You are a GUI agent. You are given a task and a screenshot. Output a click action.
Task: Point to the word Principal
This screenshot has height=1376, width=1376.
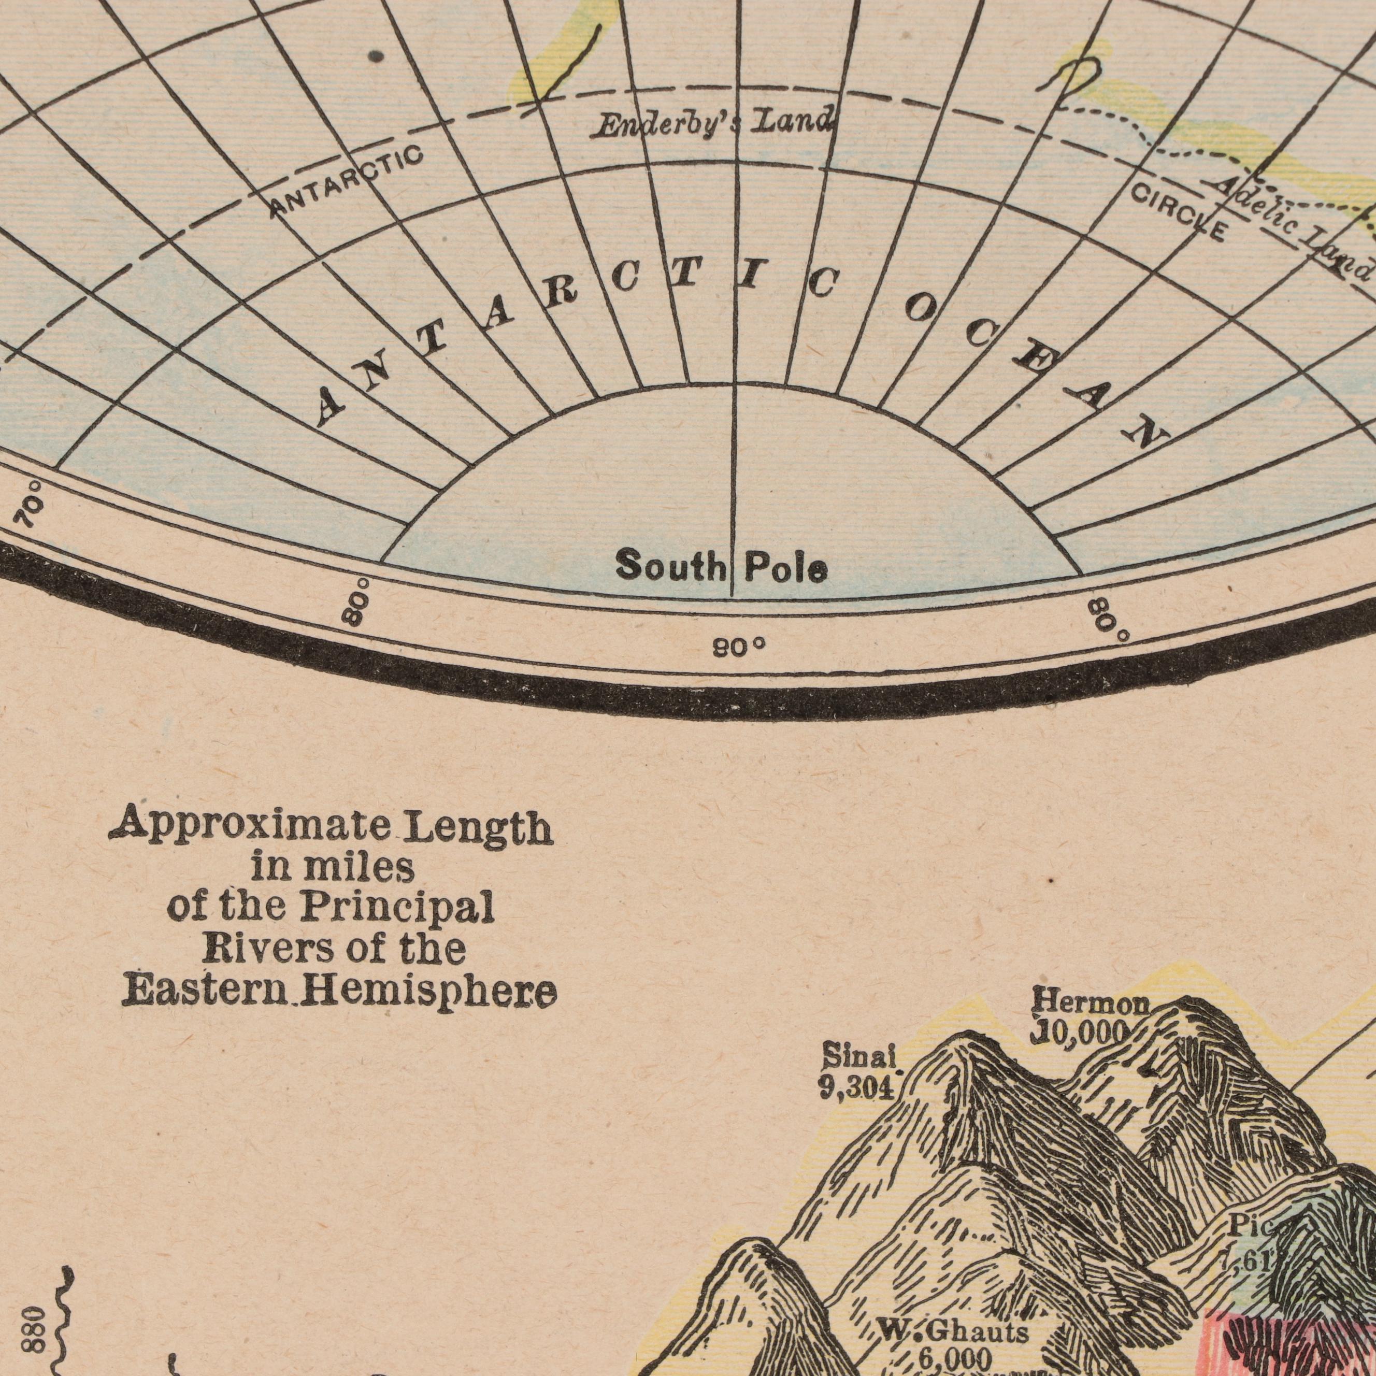pyautogui.click(x=397, y=908)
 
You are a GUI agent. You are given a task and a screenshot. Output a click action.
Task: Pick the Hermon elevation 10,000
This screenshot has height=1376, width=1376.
pyautogui.click(x=1080, y=1031)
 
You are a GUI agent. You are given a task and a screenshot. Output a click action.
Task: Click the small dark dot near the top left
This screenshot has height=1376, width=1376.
pyautogui.click(x=378, y=55)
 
